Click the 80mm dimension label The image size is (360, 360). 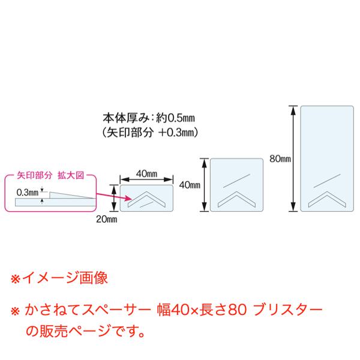pyautogui.click(x=280, y=158)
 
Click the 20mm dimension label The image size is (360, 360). pyautogui.click(x=107, y=219)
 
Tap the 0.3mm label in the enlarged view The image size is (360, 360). pyautogui.click(x=28, y=193)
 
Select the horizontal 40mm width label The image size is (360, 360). pyautogui.click(x=147, y=173)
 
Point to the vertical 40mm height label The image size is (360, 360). pyautogui.click(x=190, y=185)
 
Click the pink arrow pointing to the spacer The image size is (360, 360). pyautogui.click(x=114, y=197)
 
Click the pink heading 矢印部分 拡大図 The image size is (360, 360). pyautogui.click(x=50, y=175)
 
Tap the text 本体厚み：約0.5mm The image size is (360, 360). pyautogui.click(x=149, y=118)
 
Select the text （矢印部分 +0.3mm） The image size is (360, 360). pyautogui.click(x=150, y=133)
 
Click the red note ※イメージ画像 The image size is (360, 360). pyautogui.click(x=59, y=278)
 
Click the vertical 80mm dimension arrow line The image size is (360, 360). pyautogui.click(x=293, y=158)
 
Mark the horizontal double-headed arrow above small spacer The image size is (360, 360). pyautogui.click(x=146, y=179)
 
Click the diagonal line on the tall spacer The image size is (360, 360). pyautogui.click(x=327, y=181)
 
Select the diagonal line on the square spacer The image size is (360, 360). pyautogui.click(x=236, y=181)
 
